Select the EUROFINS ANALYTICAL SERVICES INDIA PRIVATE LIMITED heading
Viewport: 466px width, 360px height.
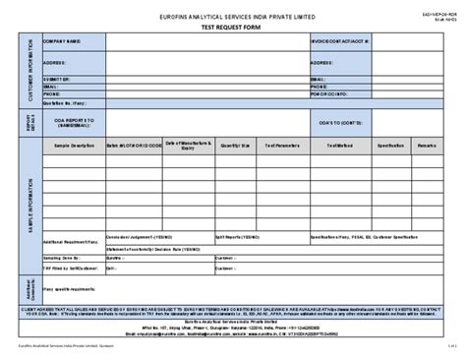click(233, 16)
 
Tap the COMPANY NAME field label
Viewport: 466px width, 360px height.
click(61, 42)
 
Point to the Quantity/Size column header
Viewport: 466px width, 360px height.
click(237, 145)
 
